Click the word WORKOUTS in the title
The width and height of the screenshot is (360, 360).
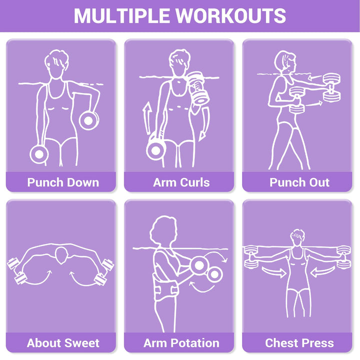[x=230, y=15]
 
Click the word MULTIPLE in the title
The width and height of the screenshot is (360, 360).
[x=122, y=15]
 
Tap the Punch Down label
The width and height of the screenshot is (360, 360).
[x=63, y=182]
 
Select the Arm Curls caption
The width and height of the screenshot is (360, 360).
[x=181, y=182]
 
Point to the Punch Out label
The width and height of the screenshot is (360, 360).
[x=299, y=182]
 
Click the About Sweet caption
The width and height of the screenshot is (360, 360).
[x=63, y=343]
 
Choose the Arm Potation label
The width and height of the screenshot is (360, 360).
[x=181, y=343]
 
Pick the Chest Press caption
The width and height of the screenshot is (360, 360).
[x=299, y=343]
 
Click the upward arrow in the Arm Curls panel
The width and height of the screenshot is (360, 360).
[x=147, y=118]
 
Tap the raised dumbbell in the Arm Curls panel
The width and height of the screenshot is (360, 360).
[x=198, y=88]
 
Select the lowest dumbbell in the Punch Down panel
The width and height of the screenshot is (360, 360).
[x=39, y=154]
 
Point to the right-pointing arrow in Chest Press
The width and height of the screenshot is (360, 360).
[x=274, y=272]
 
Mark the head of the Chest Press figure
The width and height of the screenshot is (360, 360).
[x=297, y=237]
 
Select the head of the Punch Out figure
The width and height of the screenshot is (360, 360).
[x=285, y=62]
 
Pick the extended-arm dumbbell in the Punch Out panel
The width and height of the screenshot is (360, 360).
[x=331, y=87]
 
